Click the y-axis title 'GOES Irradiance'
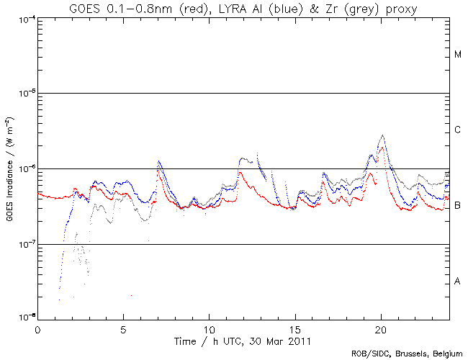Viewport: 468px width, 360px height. [x=9, y=168]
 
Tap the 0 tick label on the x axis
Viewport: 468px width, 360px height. [x=37, y=328]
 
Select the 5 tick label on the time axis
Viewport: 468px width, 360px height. [x=123, y=328]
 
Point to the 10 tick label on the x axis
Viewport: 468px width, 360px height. [x=209, y=328]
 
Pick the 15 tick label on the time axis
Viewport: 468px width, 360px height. [x=294, y=328]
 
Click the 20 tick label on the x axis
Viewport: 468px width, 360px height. [x=380, y=328]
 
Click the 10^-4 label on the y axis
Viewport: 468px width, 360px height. [x=24, y=18]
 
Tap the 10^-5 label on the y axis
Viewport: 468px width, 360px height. [x=24, y=94]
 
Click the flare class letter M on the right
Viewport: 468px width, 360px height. [x=458, y=55]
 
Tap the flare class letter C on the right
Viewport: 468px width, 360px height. [x=458, y=130]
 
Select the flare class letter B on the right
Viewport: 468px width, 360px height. [x=458, y=206]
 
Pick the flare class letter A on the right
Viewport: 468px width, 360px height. [x=458, y=282]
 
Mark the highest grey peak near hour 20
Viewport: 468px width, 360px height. [x=382, y=135]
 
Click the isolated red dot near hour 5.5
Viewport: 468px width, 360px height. [x=131, y=295]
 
